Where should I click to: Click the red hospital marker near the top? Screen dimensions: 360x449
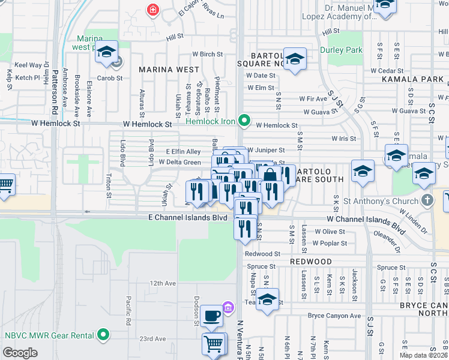click(152, 10)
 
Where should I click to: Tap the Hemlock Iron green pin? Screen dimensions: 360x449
click(244, 121)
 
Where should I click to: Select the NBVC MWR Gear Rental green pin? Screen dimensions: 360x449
click(104, 334)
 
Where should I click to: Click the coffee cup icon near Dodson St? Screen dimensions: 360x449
click(211, 315)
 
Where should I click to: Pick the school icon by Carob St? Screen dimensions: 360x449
click(106, 52)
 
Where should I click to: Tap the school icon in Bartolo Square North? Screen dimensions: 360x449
click(294, 59)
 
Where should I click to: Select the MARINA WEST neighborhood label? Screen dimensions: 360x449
click(169, 70)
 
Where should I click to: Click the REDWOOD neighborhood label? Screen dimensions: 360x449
click(311, 262)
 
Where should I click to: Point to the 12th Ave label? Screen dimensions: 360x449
click(163, 283)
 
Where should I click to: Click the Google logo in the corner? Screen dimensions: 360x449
click(20, 352)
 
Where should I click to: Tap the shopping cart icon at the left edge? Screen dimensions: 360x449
click(5, 184)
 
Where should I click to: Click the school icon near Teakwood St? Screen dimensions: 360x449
click(268, 299)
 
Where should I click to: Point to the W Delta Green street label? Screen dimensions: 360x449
click(180, 162)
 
